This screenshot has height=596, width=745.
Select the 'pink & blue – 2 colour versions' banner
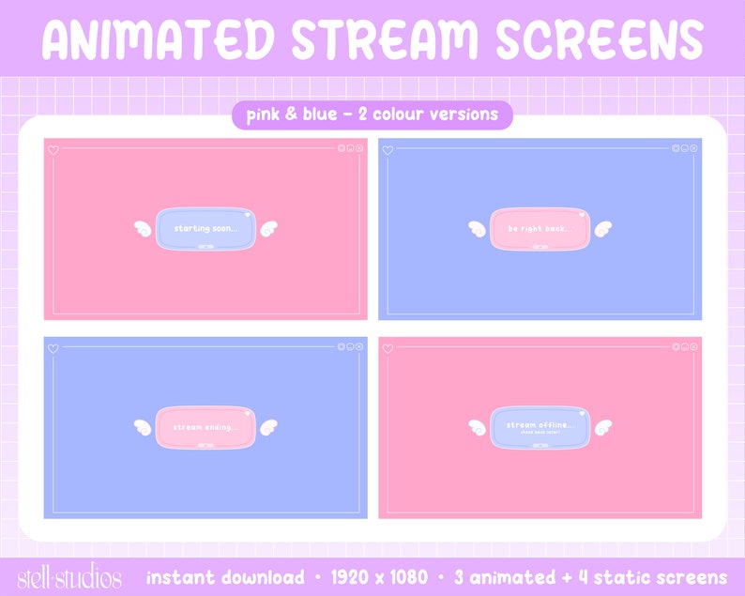click(x=372, y=115)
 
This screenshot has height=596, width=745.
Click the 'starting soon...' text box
click(x=206, y=228)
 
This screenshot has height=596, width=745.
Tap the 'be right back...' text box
click(x=540, y=228)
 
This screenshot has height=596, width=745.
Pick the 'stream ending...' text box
click(x=206, y=427)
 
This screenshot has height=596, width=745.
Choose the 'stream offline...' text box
click(x=540, y=427)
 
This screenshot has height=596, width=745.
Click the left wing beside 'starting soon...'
click(x=144, y=227)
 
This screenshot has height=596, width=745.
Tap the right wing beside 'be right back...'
click(x=601, y=227)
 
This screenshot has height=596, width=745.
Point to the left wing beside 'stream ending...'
click(x=144, y=427)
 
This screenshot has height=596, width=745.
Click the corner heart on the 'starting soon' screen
click(x=53, y=149)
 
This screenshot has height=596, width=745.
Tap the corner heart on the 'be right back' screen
click(x=388, y=149)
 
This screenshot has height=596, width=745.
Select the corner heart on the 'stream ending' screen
click(x=53, y=348)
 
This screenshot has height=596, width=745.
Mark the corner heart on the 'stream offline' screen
click(x=388, y=348)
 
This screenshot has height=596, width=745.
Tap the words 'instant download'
click(x=224, y=577)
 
